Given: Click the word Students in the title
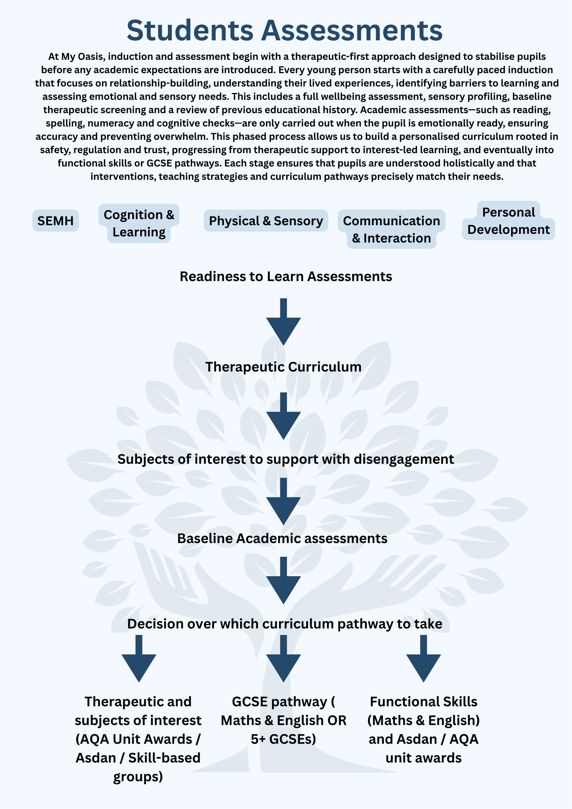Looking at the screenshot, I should click(x=190, y=31).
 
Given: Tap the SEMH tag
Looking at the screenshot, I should click(x=56, y=221).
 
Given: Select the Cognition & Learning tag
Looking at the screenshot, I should click(x=139, y=223).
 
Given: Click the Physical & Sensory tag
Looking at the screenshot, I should click(x=266, y=221).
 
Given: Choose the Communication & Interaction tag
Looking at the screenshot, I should click(x=391, y=229).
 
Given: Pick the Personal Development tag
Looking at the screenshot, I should click(x=508, y=221).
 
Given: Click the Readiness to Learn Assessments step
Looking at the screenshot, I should click(x=286, y=276).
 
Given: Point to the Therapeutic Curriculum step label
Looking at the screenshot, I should click(x=283, y=367).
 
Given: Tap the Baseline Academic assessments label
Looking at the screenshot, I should click(x=282, y=538).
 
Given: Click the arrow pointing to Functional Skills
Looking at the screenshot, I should click(x=424, y=659).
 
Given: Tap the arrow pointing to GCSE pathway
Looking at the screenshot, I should click(x=283, y=659).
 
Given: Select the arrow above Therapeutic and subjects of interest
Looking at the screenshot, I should click(x=139, y=659).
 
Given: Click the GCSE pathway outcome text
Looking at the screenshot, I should click(x=283, y=720).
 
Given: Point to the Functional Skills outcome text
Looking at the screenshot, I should click(x=424, y=729).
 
